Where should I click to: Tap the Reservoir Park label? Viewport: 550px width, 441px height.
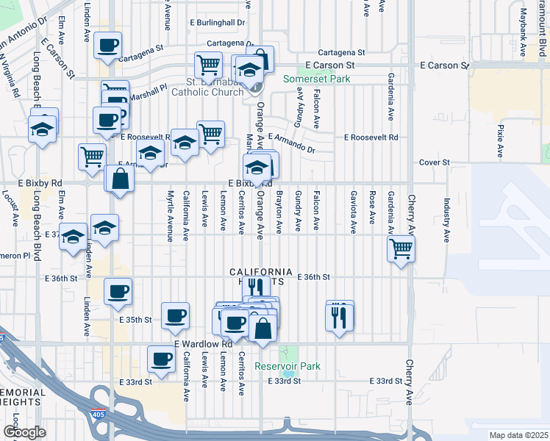(287, 366)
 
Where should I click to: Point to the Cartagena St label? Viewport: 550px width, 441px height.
(341, 53)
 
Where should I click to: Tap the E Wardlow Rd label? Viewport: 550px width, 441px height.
(203, 344)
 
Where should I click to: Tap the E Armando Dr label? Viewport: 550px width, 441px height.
(292, 143)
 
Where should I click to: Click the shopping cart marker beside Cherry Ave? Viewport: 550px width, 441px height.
(401, 248)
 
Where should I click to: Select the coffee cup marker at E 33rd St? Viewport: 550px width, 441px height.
(162, 359)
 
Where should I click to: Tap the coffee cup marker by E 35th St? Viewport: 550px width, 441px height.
(175, 316)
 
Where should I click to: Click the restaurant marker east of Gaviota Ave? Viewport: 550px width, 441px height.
(340, 316)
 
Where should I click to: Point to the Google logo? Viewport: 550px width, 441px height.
(24, 432)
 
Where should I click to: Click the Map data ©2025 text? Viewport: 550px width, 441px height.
(518, 435)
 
